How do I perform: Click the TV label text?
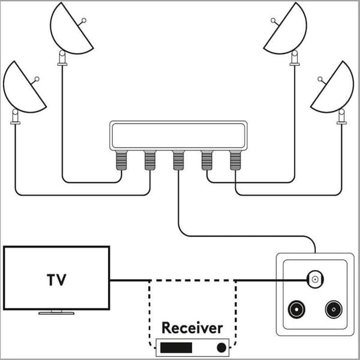click(x=56, y=280)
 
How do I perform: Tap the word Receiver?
click(x=192, y=328)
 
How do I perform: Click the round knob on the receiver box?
click(x=221, y=347)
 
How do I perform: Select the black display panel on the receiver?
click(x=176, y=347)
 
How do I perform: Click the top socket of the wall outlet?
click(x=315, y=279)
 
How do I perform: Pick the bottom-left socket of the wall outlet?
click(x=296, y=310)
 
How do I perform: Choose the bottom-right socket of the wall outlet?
click(x=334, y=310)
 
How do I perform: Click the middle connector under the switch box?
click(x=178, y=160)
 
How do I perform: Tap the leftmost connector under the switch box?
click(x=121, y=160)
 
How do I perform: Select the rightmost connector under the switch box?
click(x=235, y=160)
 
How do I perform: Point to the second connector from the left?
click(x=150, y=160)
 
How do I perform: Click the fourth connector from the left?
click(x=207, y=160)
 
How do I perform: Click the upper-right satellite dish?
click(x=290, y=33)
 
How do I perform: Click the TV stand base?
click(x=56, y=313)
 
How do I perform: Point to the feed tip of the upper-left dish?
click(x=84, y=20)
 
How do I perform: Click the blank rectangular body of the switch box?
click(x=178, y=136)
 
